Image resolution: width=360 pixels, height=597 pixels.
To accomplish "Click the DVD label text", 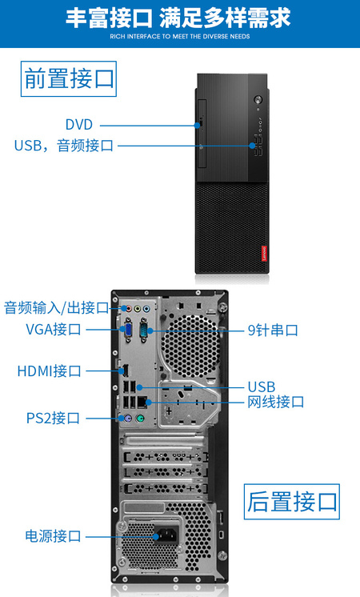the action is [x=79, y=125].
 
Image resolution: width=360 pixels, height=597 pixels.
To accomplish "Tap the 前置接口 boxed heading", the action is [x=69, y=78].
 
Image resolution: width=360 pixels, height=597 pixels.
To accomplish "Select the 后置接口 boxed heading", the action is [x=292, y=502].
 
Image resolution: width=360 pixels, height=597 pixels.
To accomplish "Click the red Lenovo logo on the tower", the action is [x=264, y=254].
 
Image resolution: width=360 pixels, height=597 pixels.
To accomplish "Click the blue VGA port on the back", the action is [x=128, y=330].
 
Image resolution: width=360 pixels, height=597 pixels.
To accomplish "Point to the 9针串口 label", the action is [x=273, y=330].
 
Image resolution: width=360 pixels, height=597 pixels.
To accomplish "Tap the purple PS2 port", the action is [x=127, y=419].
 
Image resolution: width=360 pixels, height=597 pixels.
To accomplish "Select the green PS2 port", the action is [x=141, y=419].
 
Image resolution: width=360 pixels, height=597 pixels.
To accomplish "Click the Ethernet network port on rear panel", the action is [x=142, y=401].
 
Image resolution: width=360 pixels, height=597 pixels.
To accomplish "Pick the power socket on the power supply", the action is [x=166, y=536].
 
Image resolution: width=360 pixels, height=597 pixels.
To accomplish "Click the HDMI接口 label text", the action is [x=50, y=371].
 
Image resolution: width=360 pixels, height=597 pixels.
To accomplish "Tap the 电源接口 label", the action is [x=54, y=536].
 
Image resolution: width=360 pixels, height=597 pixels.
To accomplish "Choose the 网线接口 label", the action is [x=276, y=402].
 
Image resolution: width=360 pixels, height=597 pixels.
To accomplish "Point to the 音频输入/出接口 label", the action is [x=57, y=307].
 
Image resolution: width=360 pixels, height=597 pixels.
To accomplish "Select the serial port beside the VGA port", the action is [x=144, y=329].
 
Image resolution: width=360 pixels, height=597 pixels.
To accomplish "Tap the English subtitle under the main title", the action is [x=180, y=37].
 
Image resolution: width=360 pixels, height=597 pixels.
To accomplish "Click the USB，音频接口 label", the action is [x=64, y=146].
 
